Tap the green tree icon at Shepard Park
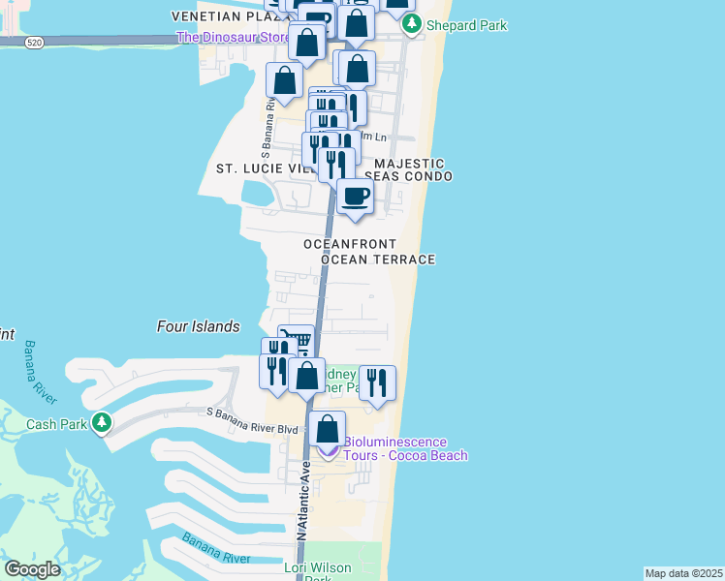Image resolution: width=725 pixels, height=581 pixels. pyautogui.click(x=412, y=24)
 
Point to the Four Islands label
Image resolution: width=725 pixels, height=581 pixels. pyautogui.click(x=199, y=327)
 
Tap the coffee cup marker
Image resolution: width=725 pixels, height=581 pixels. pyautogui.click(x=355, y=197)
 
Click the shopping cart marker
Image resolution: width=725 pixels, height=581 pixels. pyautogui.click(x=297, y=342)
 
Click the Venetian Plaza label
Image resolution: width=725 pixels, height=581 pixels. pyautogui.click(x=219, y=16)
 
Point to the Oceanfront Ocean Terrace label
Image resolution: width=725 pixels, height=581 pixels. pyautogui.click(x=369, y=252)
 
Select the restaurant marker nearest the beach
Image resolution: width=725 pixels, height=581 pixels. pyautogui.click(x=377, y=382)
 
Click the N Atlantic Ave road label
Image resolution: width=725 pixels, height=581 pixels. pyautogui.click(x=303, y=500)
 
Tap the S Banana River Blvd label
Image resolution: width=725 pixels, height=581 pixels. pyautogui.click(x=252, y=413)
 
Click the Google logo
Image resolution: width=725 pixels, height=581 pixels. pyautogui.click(x=32, y=569)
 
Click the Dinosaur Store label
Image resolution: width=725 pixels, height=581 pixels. pyautogui.click(x=233, y=38)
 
